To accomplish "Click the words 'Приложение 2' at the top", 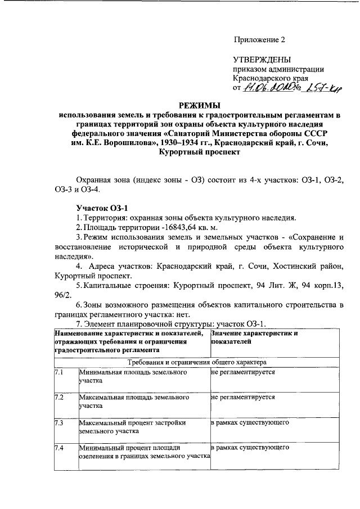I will point(259,39).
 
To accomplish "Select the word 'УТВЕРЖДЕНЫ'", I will point(262,60).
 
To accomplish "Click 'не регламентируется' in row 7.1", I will point(243,373).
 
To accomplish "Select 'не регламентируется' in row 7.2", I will point(243,397).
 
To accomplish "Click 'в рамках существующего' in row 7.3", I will point(250,422).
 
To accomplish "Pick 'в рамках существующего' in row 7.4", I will point(250,448).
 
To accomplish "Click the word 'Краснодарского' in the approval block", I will point(262,78).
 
